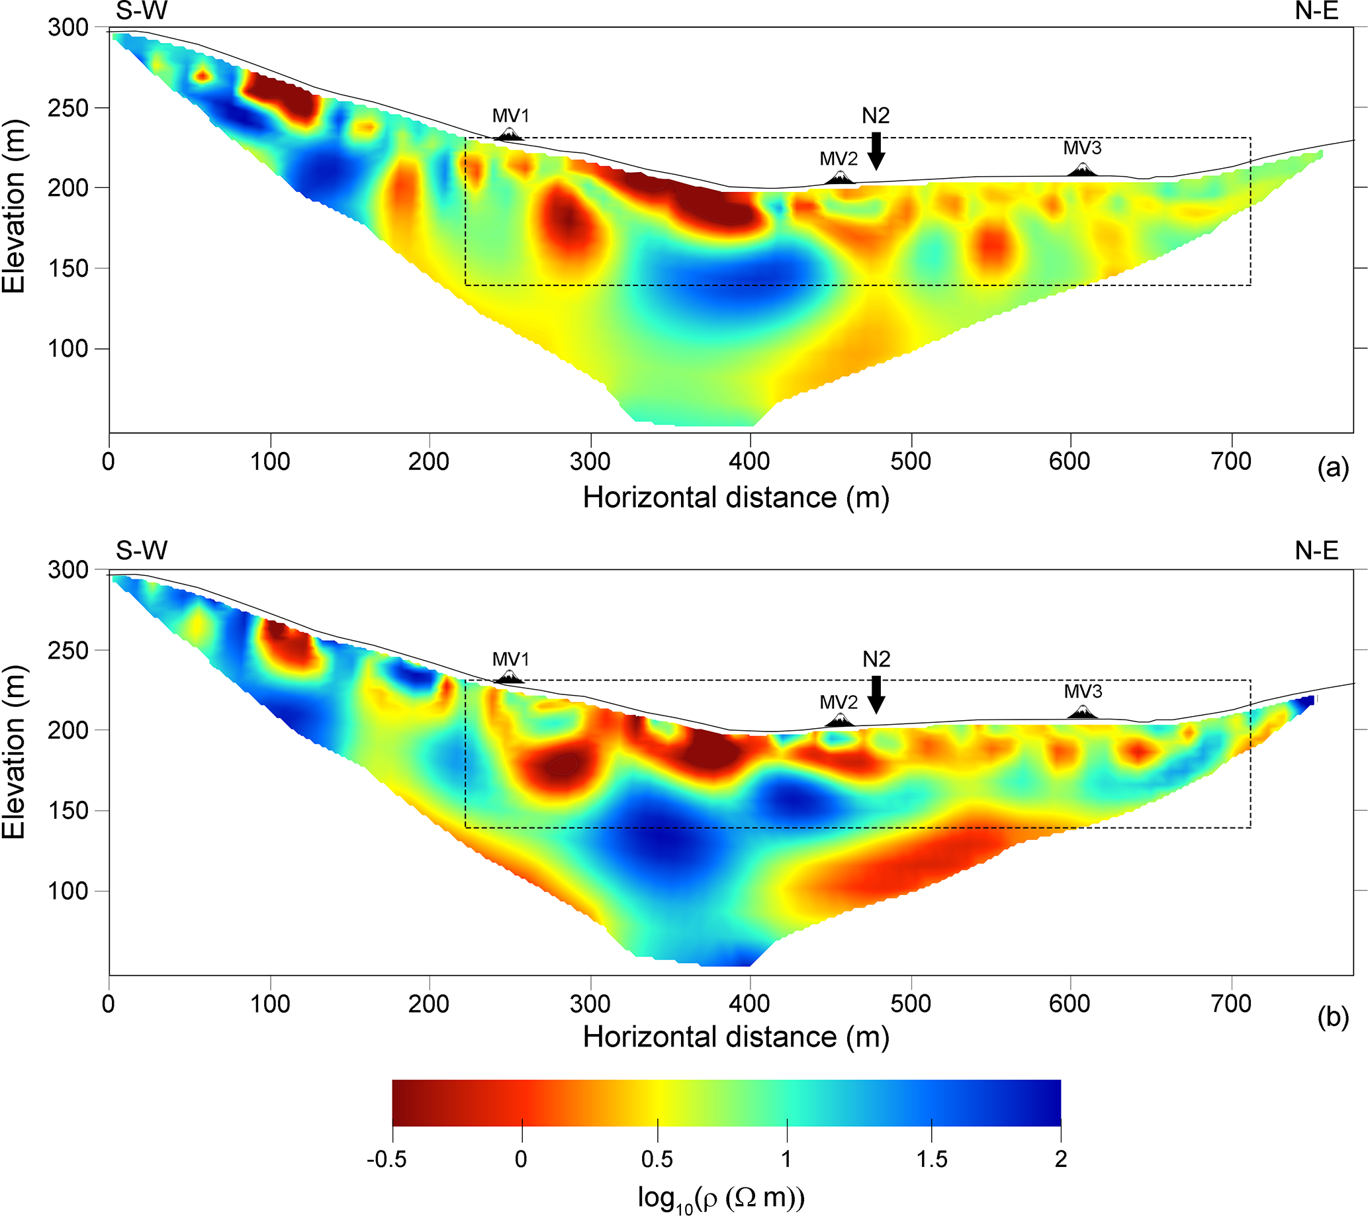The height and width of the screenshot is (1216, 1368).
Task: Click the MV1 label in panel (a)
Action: (511, 116)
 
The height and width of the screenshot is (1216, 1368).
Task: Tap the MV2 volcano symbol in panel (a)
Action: (840, 178)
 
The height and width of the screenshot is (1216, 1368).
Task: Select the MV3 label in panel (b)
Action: (1083, 691)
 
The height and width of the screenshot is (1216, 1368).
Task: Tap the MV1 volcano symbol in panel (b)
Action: (510, 677)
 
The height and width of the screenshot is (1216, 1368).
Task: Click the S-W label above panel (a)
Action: (141, 11)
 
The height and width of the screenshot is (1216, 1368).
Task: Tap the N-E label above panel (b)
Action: (1316, 551)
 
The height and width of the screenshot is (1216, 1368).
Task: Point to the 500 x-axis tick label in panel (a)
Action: (910, 461)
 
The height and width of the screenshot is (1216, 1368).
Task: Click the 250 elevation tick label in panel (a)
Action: (68, 108)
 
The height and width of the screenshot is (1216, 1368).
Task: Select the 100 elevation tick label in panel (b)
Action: (68, 891)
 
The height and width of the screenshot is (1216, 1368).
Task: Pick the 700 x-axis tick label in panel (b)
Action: (1231, 1004)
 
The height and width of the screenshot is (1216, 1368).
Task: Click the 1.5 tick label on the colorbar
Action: (932, 1159)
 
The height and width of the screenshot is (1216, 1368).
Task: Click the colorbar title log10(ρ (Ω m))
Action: (721, 1198)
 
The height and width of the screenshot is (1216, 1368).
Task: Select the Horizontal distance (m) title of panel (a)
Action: (736, 498)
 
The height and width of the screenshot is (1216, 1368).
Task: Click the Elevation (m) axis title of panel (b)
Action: (13, 752)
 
